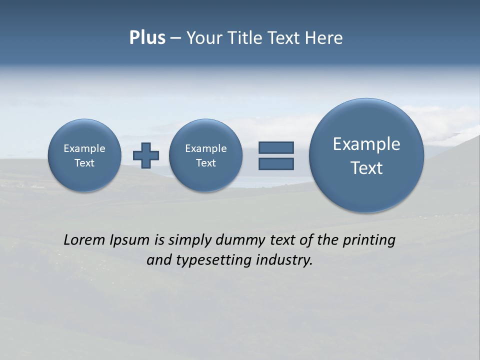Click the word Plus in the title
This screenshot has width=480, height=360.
point(147,38)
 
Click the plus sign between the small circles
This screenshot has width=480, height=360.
point(146,155)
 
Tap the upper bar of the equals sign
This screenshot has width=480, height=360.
point(276,147)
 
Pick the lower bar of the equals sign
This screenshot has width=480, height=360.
point(276,163)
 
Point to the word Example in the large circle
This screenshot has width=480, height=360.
point(366,144)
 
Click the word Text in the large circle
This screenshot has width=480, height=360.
point(366,168)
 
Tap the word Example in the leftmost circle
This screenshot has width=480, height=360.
point(84,148)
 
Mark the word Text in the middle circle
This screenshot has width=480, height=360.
point(206,163)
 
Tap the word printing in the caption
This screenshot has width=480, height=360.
point(369,240)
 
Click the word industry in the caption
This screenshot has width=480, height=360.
point(284,260)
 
